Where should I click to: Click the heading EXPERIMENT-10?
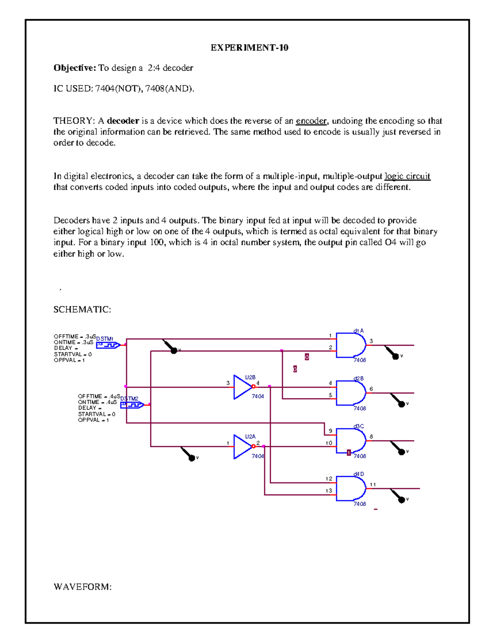click(x=249, y=48)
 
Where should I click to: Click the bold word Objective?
click(x=75, y=68)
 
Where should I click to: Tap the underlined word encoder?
click(x=311, y=121)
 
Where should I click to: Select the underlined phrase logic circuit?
click(x=407, y=176)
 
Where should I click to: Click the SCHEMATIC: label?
click(x=82, y=309)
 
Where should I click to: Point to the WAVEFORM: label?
click(x=82, y=587)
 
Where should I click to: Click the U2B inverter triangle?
click(x=242, y=387)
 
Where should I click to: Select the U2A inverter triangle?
click(x=242, y=447)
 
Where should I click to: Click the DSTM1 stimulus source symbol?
click(x=108, y=345)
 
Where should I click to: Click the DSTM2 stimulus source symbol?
click(x=132, y=405)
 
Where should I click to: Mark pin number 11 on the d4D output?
click(x=373, y=485)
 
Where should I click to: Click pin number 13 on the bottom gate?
click(x=328, y=491)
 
